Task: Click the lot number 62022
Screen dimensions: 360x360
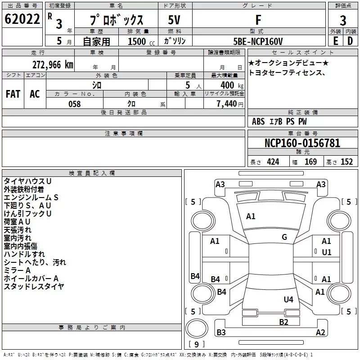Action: tap(22, 19)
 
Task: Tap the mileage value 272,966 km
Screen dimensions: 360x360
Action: tap(53, 65)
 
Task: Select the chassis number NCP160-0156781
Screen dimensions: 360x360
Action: tap(302, 143)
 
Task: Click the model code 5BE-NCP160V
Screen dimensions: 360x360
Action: tap(258, 41)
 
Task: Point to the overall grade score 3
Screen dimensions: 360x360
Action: tap(343, 21)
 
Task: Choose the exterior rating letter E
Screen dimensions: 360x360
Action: tap(336, 41)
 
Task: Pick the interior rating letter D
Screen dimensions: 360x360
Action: tap(350, 41)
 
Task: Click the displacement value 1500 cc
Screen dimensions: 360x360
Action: tap(141, 42)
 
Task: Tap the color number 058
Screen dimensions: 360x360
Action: tap(75, 104)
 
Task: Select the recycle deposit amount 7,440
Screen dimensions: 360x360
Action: tap(227, 104)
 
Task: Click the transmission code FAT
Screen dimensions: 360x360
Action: tap(13, 94)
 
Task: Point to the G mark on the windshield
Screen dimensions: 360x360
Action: tap(284, 237)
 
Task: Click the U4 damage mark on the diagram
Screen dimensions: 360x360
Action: tap(288, 299)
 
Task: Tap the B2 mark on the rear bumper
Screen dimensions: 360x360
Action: tap(283, 322)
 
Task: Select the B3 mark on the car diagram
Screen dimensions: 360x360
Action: tap(221, 332)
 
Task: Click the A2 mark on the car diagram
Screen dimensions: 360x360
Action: tap(320, 332)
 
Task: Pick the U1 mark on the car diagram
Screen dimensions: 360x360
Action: tap(327, 252)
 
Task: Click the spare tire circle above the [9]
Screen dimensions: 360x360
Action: tap(197, 328)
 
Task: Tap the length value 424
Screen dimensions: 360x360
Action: tap(273, 162)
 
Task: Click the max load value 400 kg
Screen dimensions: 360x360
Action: tap(232, 85)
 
